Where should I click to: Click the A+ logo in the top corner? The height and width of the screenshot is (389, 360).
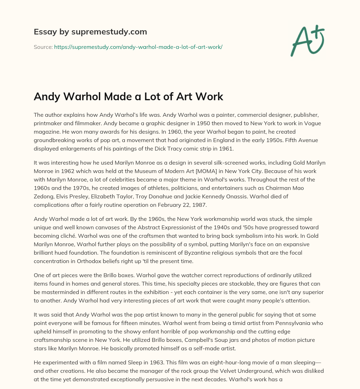coord(308,40)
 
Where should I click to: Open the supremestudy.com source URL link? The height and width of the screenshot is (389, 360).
coord(138,47)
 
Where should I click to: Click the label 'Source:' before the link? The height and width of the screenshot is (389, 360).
coord(43,47)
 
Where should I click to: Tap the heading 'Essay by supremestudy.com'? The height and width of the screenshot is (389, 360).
coord(90,32)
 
